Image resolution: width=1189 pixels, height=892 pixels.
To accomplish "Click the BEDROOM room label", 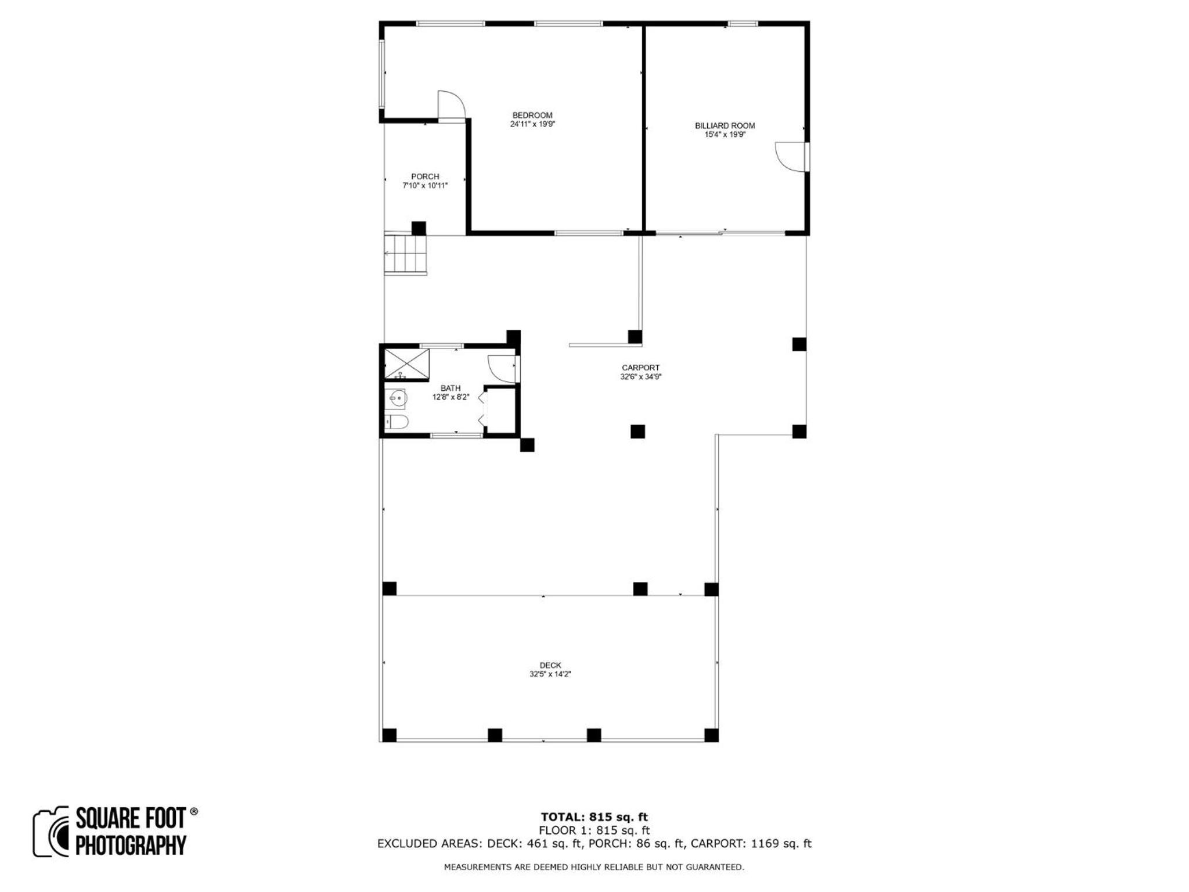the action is click(x=532, y=115).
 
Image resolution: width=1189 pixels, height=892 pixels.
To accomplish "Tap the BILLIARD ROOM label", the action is click(x=725, y=125).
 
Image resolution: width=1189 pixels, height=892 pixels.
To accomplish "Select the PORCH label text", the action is click(x=425, y=177).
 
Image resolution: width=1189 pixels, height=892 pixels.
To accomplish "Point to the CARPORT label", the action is click(x=640, y=368).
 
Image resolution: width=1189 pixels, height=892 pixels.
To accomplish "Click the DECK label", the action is click(x=550, y=666).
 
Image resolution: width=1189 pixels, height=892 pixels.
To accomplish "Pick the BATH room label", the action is click(x=451, y=389).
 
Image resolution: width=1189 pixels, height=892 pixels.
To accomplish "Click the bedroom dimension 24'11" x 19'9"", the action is click(x=532, y=124).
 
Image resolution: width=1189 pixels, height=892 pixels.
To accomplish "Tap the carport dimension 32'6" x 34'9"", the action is click(x=640, y=376).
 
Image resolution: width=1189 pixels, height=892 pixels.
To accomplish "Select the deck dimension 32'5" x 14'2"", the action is click(x=550, y=674).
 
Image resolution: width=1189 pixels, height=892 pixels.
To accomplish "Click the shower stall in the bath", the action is click(x=407, y=364).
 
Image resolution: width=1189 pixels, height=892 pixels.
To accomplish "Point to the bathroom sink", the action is click(x=397, y=398).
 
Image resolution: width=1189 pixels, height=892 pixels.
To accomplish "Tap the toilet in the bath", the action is click(x=397, y=422).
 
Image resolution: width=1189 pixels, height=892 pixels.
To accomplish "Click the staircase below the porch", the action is click(x=405, y=254).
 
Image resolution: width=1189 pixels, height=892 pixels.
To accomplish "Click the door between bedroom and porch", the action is click(x=452, y=106).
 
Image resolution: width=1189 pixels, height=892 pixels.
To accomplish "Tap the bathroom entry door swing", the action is click(x=502, y=369).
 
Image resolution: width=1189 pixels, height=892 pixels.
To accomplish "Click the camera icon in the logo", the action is click(x=51, y=832).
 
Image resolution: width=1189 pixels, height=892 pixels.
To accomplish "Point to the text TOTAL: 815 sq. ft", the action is click(x=594, y=818).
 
